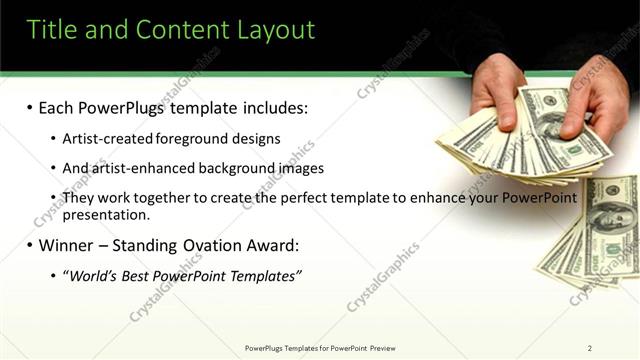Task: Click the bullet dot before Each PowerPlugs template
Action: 31,107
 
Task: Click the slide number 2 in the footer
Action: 590,348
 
